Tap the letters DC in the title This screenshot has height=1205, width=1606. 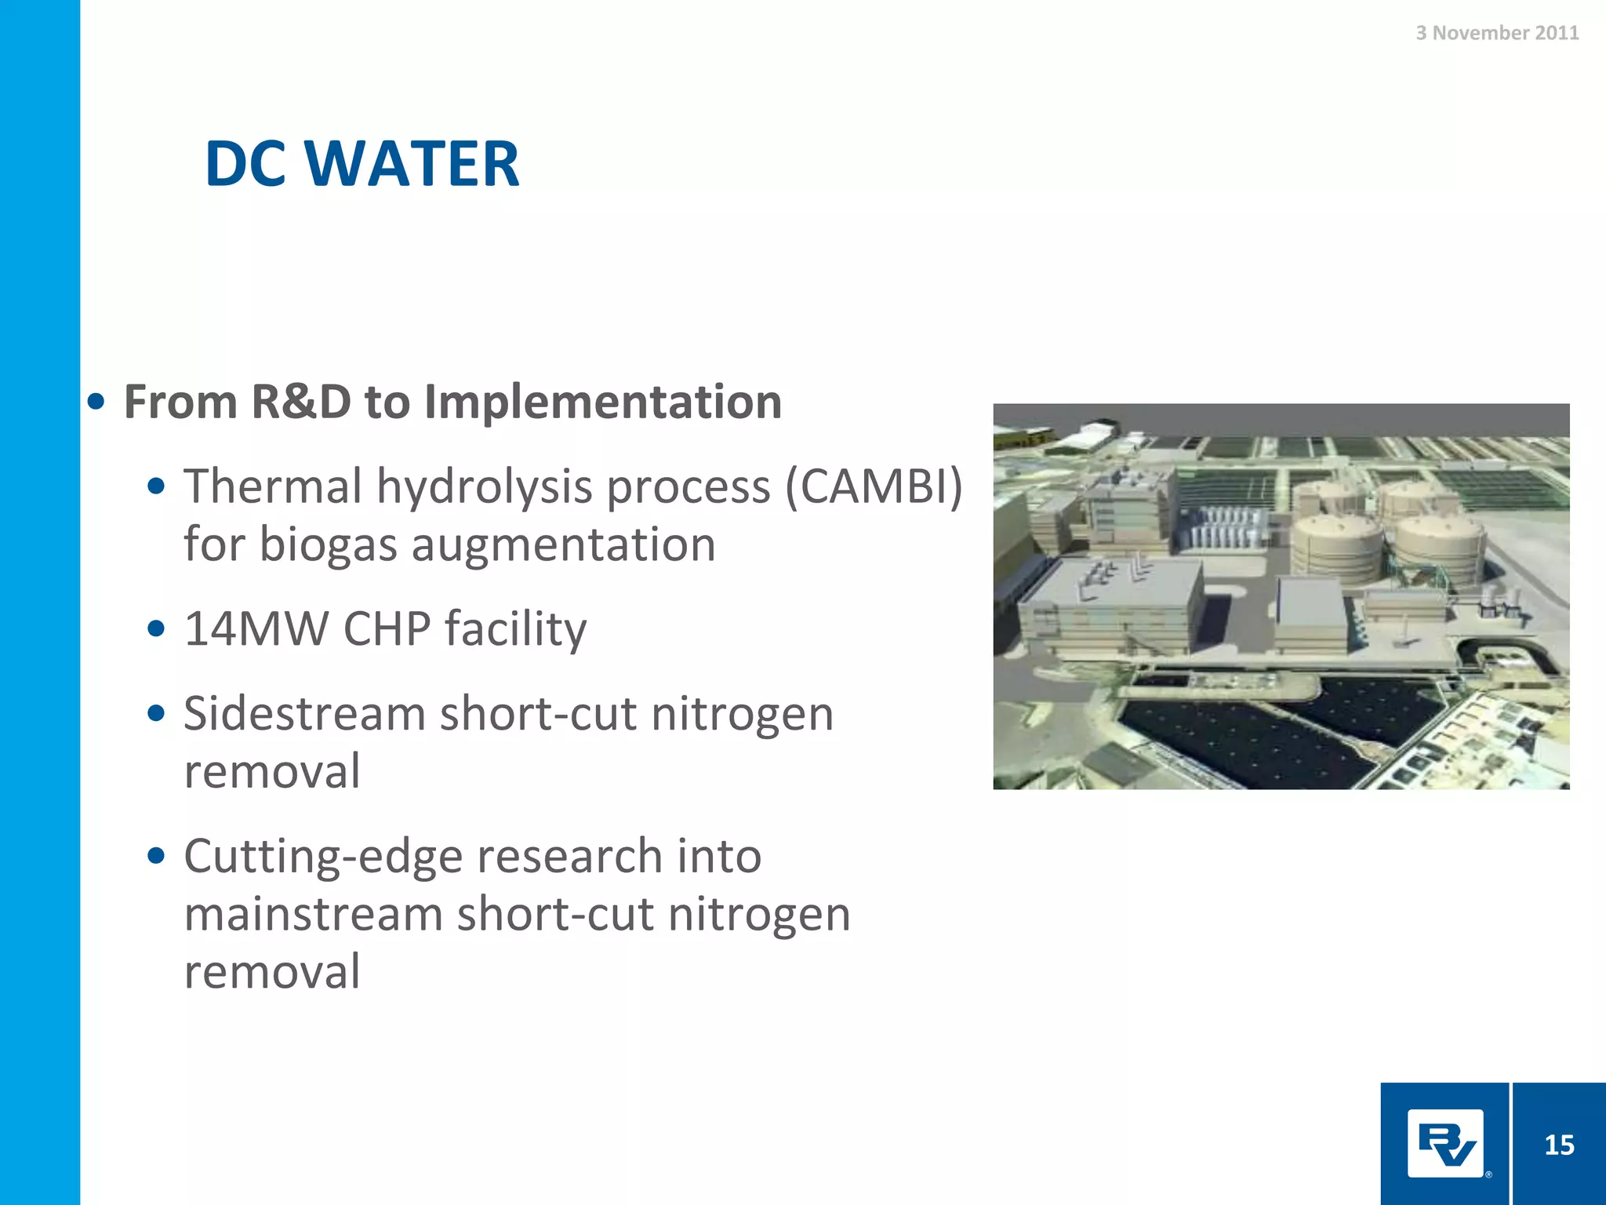coord(245,164)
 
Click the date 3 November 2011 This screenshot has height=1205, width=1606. coord(1496,33)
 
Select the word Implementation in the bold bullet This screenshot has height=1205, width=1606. coord(602,402)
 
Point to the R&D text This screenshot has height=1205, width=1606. coord(301,402)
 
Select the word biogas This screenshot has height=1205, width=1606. coord(328,544)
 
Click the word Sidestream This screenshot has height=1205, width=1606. coord(304,714)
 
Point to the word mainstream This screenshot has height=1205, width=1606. coord(313,914)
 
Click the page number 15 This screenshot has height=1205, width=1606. coord(1559,1145)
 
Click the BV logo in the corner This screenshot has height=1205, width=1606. coord(1445,1144)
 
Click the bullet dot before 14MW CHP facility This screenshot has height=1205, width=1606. coord(156,628)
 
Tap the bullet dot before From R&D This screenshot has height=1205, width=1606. coord(96,402)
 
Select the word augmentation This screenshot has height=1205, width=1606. coord(563,544)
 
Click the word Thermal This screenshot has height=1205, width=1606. coord(272,486)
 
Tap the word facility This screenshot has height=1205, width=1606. coord(515,628)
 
